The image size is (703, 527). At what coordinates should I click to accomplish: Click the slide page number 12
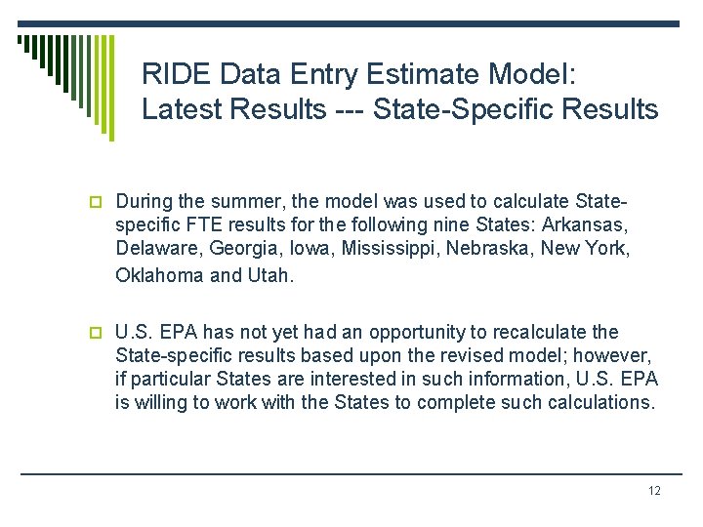click(x=654, y=491)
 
